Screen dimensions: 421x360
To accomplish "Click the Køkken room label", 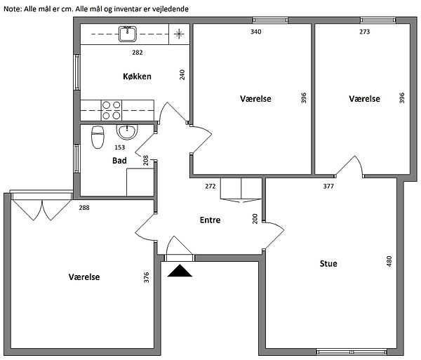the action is (x=137, y=76).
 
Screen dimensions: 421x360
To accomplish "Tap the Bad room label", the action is (x=119, y=161).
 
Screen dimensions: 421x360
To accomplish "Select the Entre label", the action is (x=210, y=220).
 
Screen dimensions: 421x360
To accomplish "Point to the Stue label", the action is (x=328, y=264).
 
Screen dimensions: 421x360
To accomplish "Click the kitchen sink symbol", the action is (x=128, y=34).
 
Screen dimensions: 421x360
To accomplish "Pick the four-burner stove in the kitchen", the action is (x=112, y=110).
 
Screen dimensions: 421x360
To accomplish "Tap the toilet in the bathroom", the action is (x=98, y=137).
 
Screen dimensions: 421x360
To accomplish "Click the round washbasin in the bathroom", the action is (x=127, y=132).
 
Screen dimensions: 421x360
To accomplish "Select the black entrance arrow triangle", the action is (x=180, y=271).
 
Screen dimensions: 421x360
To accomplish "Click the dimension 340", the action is (x=255, y=32).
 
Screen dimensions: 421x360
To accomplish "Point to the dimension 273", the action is (x=364, y=32).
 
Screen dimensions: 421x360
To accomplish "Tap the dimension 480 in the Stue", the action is (x=389, y=261).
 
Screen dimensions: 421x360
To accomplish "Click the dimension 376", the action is (x=147, y=277).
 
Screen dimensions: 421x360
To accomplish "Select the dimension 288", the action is (x=84, y=208).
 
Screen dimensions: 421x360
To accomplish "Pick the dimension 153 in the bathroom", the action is (x=120, y=147).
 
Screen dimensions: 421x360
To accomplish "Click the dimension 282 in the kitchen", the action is (x=138, y=53).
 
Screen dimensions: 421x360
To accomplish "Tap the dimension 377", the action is (x=328, y=186).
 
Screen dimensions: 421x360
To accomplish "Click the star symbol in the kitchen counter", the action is (x=179, y=34).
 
